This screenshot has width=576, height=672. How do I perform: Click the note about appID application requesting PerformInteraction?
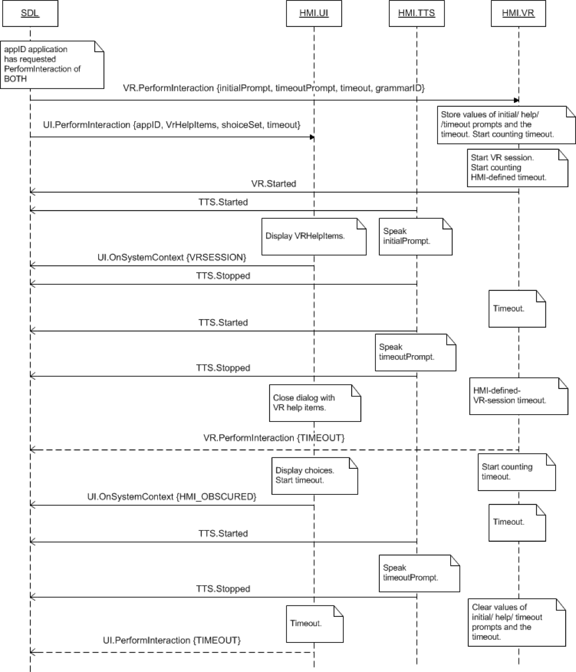pyautogui.click(x=53, y=64)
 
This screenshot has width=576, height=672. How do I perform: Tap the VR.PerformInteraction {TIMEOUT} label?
pyautogui.click(x=274, y=437)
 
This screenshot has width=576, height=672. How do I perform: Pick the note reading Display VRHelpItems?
pyautogui.click(x=313, y=236)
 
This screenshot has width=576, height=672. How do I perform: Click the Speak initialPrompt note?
pyautogui.click(x=415, y=236)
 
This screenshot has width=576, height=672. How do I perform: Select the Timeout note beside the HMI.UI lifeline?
pyautogui.click(x=314, y=623)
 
